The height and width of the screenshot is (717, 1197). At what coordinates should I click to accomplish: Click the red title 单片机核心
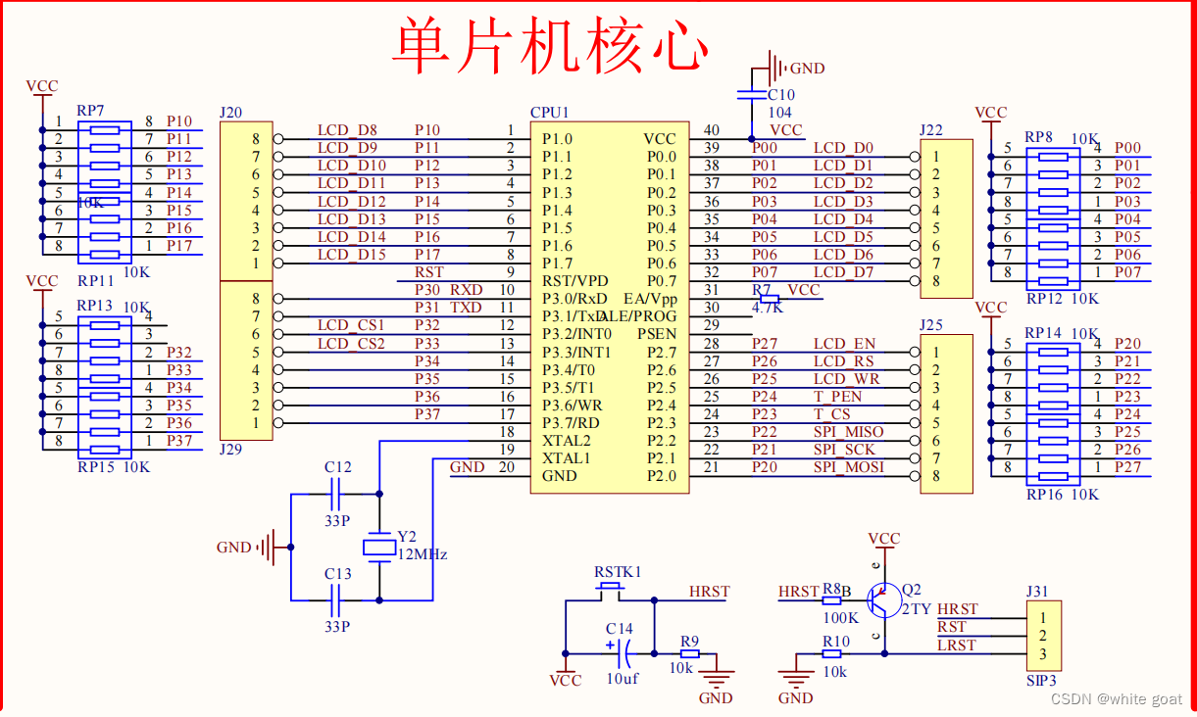tap(550, 44)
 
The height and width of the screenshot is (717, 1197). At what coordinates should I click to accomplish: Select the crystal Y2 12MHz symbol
tap(379, 547)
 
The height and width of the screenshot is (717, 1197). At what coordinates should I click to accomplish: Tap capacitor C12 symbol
tap(337, 494)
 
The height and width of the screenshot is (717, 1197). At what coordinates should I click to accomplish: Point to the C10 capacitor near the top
tap(752, 94)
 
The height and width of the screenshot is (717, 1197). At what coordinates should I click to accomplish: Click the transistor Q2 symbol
tap(884, 599)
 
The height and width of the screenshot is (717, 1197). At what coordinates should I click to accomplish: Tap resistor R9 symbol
tap(690, 653)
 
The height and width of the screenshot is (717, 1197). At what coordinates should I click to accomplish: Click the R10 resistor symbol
tap(835, 653)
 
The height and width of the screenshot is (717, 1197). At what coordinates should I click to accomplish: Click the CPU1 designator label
tap(549, 113)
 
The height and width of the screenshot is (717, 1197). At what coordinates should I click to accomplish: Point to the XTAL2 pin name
tap(567, 441)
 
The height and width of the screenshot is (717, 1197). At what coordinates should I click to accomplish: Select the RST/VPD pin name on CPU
tap(574, 281)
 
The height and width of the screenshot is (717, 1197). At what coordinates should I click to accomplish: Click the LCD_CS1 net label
tap(351, 325)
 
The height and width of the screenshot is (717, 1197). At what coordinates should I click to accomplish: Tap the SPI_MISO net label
tap(848, 432)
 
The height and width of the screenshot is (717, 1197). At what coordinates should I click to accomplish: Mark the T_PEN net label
tap(837, 397)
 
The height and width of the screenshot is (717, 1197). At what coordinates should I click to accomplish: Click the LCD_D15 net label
tap(352, 255)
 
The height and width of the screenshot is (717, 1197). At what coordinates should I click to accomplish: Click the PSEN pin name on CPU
tap(656, 334)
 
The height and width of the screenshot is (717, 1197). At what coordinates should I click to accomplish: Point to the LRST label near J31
tap(957, 645)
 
